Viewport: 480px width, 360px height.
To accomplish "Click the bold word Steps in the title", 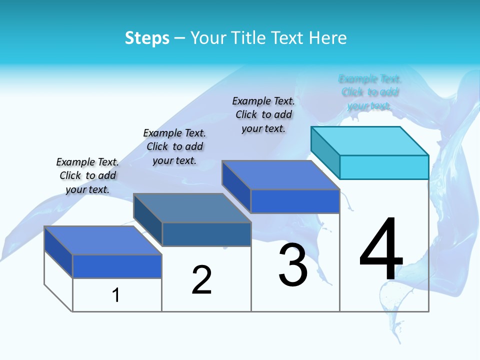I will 147,38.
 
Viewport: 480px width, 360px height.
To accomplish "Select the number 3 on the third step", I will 293,265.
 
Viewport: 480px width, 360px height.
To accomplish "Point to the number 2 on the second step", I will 202,280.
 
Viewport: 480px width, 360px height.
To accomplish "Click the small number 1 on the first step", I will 116,295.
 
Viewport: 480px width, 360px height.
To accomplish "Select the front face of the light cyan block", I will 384,167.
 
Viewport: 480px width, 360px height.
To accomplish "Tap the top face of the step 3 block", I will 281,175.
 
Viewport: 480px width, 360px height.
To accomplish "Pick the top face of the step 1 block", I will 103,240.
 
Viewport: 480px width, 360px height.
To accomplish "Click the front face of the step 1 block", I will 117,266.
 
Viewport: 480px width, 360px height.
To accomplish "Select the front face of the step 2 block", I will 206,234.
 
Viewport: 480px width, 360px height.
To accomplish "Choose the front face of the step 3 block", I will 295,201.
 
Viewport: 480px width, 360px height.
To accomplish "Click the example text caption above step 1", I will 87,175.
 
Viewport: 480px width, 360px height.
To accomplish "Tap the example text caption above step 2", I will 174,146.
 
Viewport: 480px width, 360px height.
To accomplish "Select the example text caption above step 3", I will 263,114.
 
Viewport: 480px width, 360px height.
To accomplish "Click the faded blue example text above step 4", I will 370,92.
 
